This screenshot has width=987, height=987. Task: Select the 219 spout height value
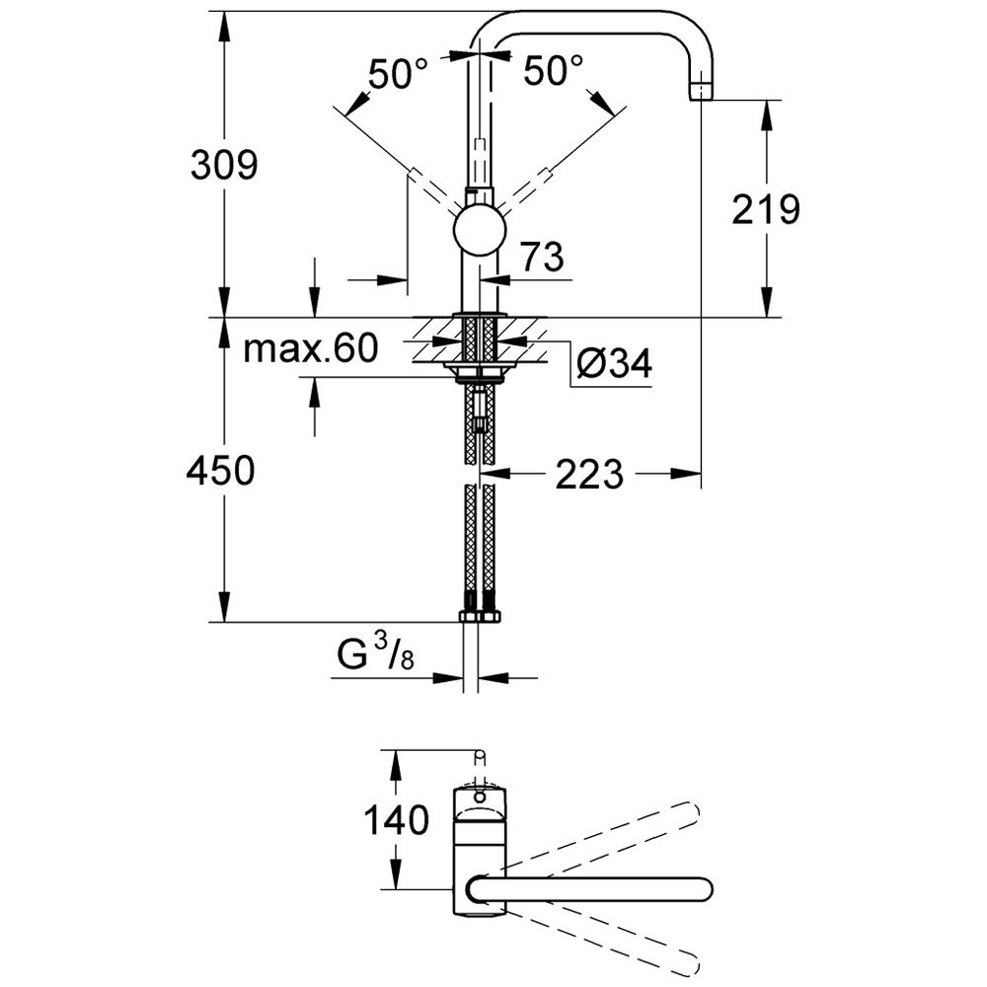[766, 209]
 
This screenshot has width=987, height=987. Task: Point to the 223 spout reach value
[589, 476]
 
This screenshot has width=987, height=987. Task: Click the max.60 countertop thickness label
[311, 348]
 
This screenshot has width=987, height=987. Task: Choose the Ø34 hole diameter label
[613, 366]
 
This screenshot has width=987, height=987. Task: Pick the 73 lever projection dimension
[541, 259]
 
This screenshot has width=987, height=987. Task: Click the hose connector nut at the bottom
[481, 617]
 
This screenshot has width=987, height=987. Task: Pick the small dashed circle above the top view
[481, 756]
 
